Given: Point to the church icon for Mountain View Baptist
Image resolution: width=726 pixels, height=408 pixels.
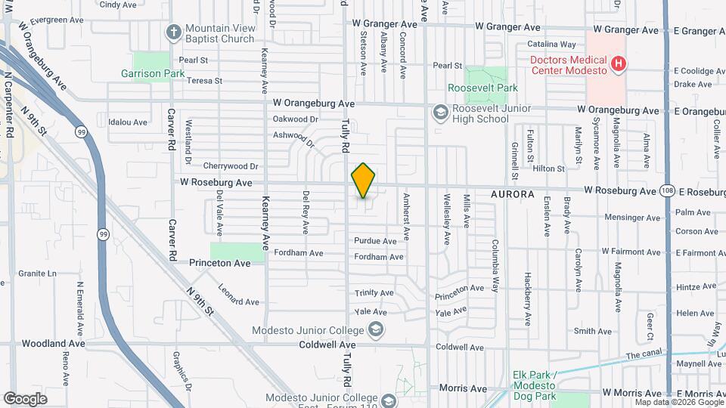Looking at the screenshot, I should [173, 32].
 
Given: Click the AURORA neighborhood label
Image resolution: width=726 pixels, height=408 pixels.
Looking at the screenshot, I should [512, 194].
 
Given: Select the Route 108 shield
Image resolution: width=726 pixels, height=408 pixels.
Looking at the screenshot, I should [666, 191].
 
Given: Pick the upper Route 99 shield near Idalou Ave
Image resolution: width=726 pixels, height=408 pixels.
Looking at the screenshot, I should [80, 132].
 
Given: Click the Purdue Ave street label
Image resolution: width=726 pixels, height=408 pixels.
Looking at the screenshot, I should [375, 241].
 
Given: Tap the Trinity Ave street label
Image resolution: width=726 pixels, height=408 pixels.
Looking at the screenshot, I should [374, 293].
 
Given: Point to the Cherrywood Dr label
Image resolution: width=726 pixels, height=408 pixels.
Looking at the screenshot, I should [231, 166].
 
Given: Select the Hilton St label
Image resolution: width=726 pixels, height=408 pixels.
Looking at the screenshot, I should [549, 169].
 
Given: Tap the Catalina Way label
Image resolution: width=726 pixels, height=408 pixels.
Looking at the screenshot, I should [552, 45].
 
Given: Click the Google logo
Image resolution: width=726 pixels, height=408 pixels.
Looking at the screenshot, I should [25, 398].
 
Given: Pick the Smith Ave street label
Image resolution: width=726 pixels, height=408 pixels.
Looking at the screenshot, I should [593, 331].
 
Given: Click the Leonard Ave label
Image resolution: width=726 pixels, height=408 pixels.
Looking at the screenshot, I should [238, 295].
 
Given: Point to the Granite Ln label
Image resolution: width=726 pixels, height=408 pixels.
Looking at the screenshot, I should [38, 274].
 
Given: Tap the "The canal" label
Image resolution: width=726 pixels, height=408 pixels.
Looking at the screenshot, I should [644, 355].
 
